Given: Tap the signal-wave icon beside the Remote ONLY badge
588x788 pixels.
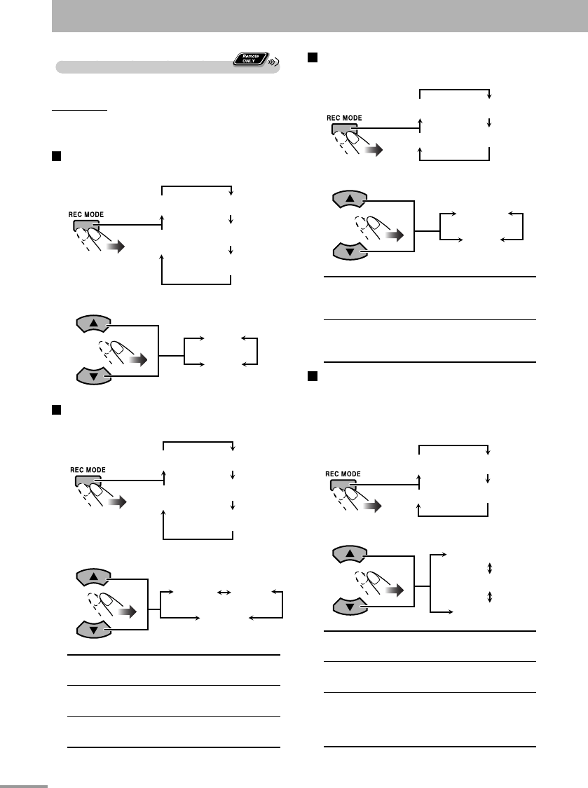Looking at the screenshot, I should click(x=274, y=62).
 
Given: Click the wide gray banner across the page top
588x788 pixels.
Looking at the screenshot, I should click(x=320, y=15).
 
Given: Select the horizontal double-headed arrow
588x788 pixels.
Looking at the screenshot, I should click(x=224, y=592).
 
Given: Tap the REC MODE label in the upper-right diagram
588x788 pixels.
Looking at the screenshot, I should click(x=344, y=118).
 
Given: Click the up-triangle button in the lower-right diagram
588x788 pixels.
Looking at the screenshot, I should click(x=348, y=556).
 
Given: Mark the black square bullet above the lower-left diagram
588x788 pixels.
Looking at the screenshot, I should click(x=55, y=410).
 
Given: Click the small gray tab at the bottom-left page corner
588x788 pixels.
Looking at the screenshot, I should click(x=24, y=785).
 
